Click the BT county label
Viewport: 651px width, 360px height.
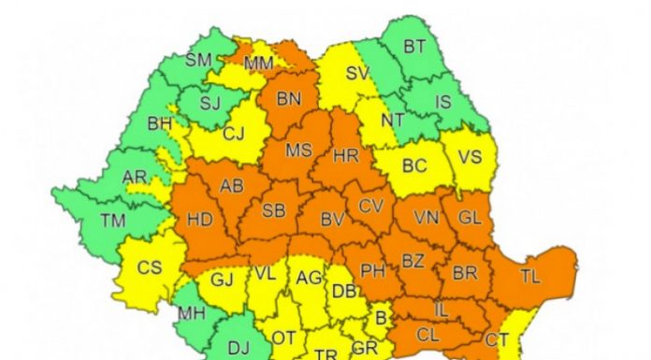point(414,46)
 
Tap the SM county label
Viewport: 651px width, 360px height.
point(198,60)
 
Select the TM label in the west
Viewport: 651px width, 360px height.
point(114,221)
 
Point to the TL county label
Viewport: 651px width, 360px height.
point(529,275)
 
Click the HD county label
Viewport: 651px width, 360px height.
point(199,222)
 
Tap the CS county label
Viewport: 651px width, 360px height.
point(149,267)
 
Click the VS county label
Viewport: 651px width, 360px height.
point(470,156)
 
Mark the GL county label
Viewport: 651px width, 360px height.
point(470,216)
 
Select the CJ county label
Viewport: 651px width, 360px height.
point(233,134)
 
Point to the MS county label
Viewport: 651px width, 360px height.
point(298,150)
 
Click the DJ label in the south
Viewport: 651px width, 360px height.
point(239,348)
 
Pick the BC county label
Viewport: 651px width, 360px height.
point(413,166)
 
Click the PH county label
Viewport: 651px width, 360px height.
point(373,271)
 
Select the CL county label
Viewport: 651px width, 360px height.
point(428,334)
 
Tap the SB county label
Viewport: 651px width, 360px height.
point(273,209)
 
